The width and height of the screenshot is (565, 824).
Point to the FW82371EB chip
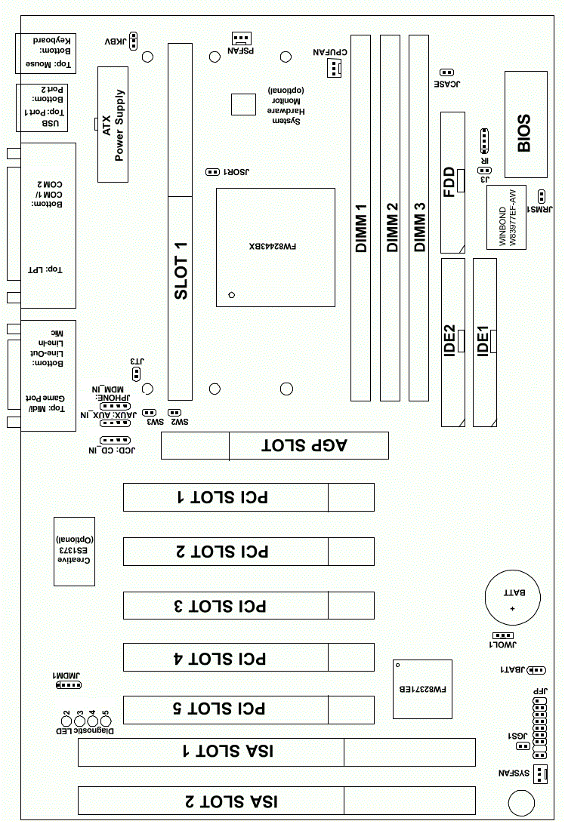tap(422, 690)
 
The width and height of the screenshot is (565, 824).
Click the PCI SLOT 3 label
tap(227, 605)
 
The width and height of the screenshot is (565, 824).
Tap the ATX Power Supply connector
tap(113, 125)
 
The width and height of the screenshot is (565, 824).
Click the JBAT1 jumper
tap(536, 670)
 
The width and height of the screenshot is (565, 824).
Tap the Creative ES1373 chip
tap(74, 552)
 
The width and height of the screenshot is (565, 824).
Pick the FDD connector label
tap(452, 182)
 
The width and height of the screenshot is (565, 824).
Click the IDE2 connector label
tap(452, 340)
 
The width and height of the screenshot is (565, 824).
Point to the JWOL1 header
tap(502, 636)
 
